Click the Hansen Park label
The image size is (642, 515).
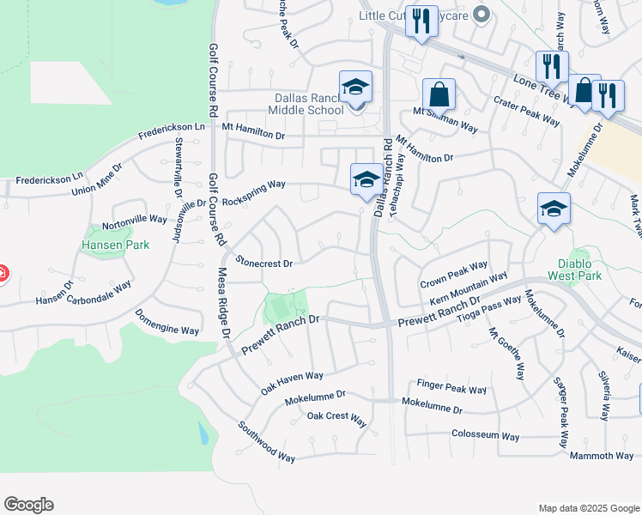pyautogui.click(x=116, y=245)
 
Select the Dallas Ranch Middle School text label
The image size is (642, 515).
pyautogui.click(x=306, y=104)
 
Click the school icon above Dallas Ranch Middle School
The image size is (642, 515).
pyautogui.click(x=355, y=88)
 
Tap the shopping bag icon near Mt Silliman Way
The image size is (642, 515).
pyautogui.click(x=439, y=94)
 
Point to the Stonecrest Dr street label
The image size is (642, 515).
pyautogui.click(x=265, y=263)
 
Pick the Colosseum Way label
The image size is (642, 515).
pyautogui.click(x=485, y=436)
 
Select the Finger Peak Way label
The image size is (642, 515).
pyautogui.click(x=451, y=385)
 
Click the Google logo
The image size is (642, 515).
pyautogui.click(x=28, y=505)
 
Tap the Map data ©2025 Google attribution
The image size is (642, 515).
pyautogui.click(x=588, y=508)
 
